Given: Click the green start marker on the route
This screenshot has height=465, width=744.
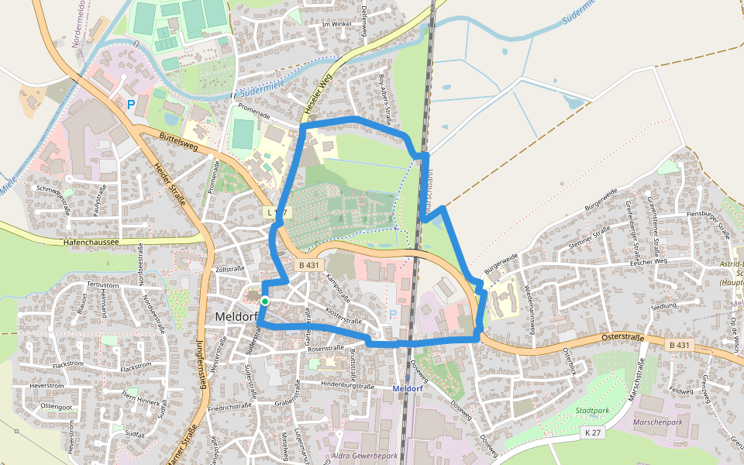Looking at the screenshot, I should pos(265,301).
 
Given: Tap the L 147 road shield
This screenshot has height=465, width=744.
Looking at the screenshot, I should pos(275,212).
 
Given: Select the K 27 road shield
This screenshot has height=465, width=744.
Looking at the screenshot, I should pos(593,432).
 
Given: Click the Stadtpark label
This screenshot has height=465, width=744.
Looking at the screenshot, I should pos(593,410).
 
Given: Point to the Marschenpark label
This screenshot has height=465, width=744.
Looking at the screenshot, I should pos(658,422).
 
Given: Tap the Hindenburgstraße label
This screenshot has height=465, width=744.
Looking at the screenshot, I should pos(347,385).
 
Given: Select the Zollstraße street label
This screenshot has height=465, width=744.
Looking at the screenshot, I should pos(229,269).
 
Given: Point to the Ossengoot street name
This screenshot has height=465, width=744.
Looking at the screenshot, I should pos(56,406).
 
